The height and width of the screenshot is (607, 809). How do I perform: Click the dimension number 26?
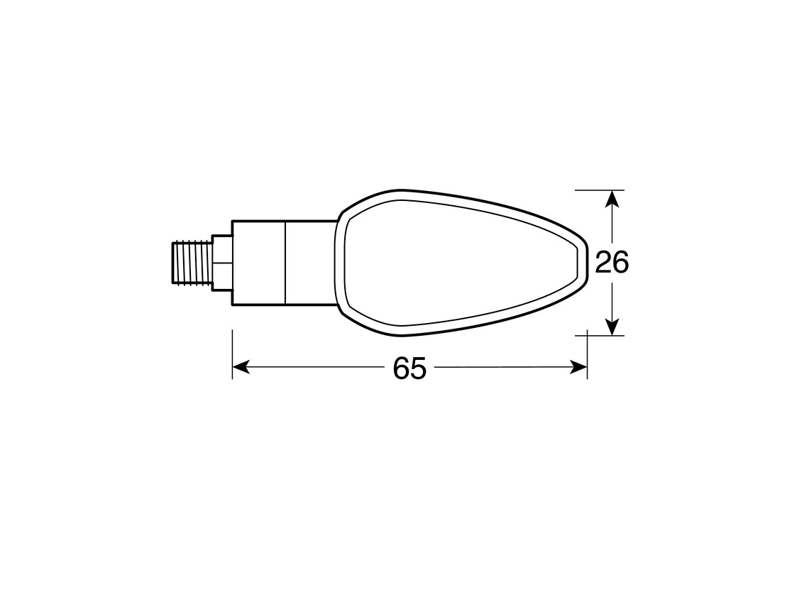(612, 263)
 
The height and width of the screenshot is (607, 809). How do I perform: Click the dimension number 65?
(409, 368)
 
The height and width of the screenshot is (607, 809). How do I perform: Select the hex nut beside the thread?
(222, 263)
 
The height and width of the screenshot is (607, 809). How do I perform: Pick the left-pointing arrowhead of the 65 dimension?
(241, 367)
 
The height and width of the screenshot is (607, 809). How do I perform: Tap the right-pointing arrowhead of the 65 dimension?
(579, 367)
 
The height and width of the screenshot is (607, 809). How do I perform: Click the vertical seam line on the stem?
(285, 263)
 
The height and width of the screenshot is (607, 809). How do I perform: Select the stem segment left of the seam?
(258, 263)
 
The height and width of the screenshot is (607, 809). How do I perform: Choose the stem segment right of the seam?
(310, 263)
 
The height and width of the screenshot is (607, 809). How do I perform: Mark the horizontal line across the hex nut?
(222, 263)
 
